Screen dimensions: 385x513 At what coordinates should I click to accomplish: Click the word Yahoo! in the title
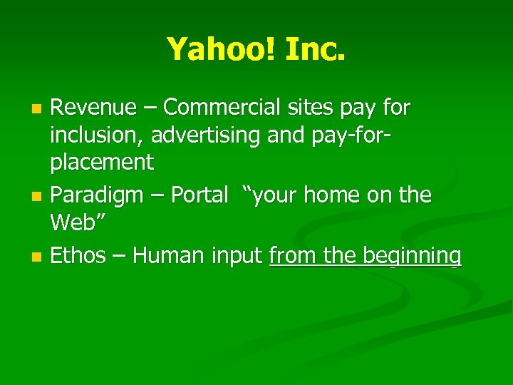coord(209,49)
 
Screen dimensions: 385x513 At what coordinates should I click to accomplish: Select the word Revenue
coord(93,108)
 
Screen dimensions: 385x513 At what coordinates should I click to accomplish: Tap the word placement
coord(101,163)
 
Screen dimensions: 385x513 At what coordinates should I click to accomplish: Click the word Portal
coord(199,195)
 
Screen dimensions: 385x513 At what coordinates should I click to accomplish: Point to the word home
coord(338,195)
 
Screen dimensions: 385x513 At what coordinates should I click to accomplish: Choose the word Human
coord(169,255)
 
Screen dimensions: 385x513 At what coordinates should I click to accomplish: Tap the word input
coord(238,256)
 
